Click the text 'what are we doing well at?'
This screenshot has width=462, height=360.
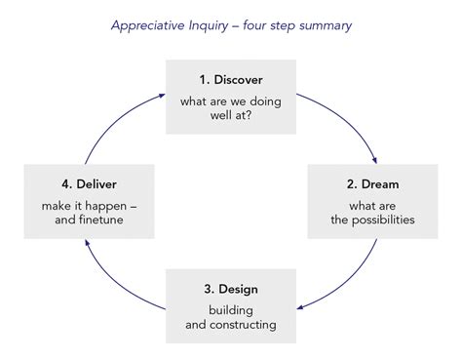pos(231,107)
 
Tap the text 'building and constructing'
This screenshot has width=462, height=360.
pos(231,317)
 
